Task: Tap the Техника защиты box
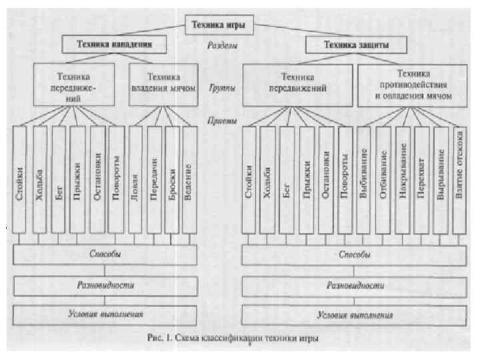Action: (356, 45)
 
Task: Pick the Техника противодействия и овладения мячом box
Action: (413, 85)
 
